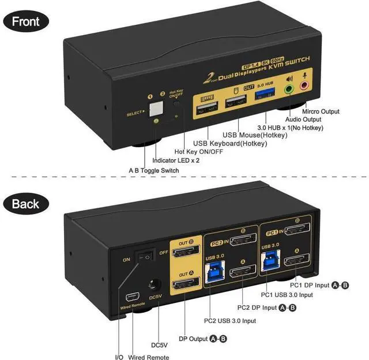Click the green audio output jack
coord(289,89)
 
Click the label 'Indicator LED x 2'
coord(176,160)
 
